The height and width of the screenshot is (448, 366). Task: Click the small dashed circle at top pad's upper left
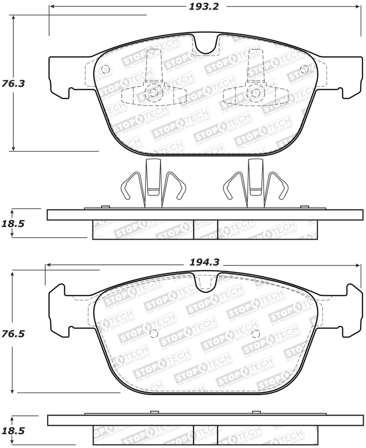click(105, 70)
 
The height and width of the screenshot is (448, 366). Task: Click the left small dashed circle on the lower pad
click(154, 333)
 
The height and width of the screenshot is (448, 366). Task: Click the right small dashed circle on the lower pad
click(255, 333)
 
